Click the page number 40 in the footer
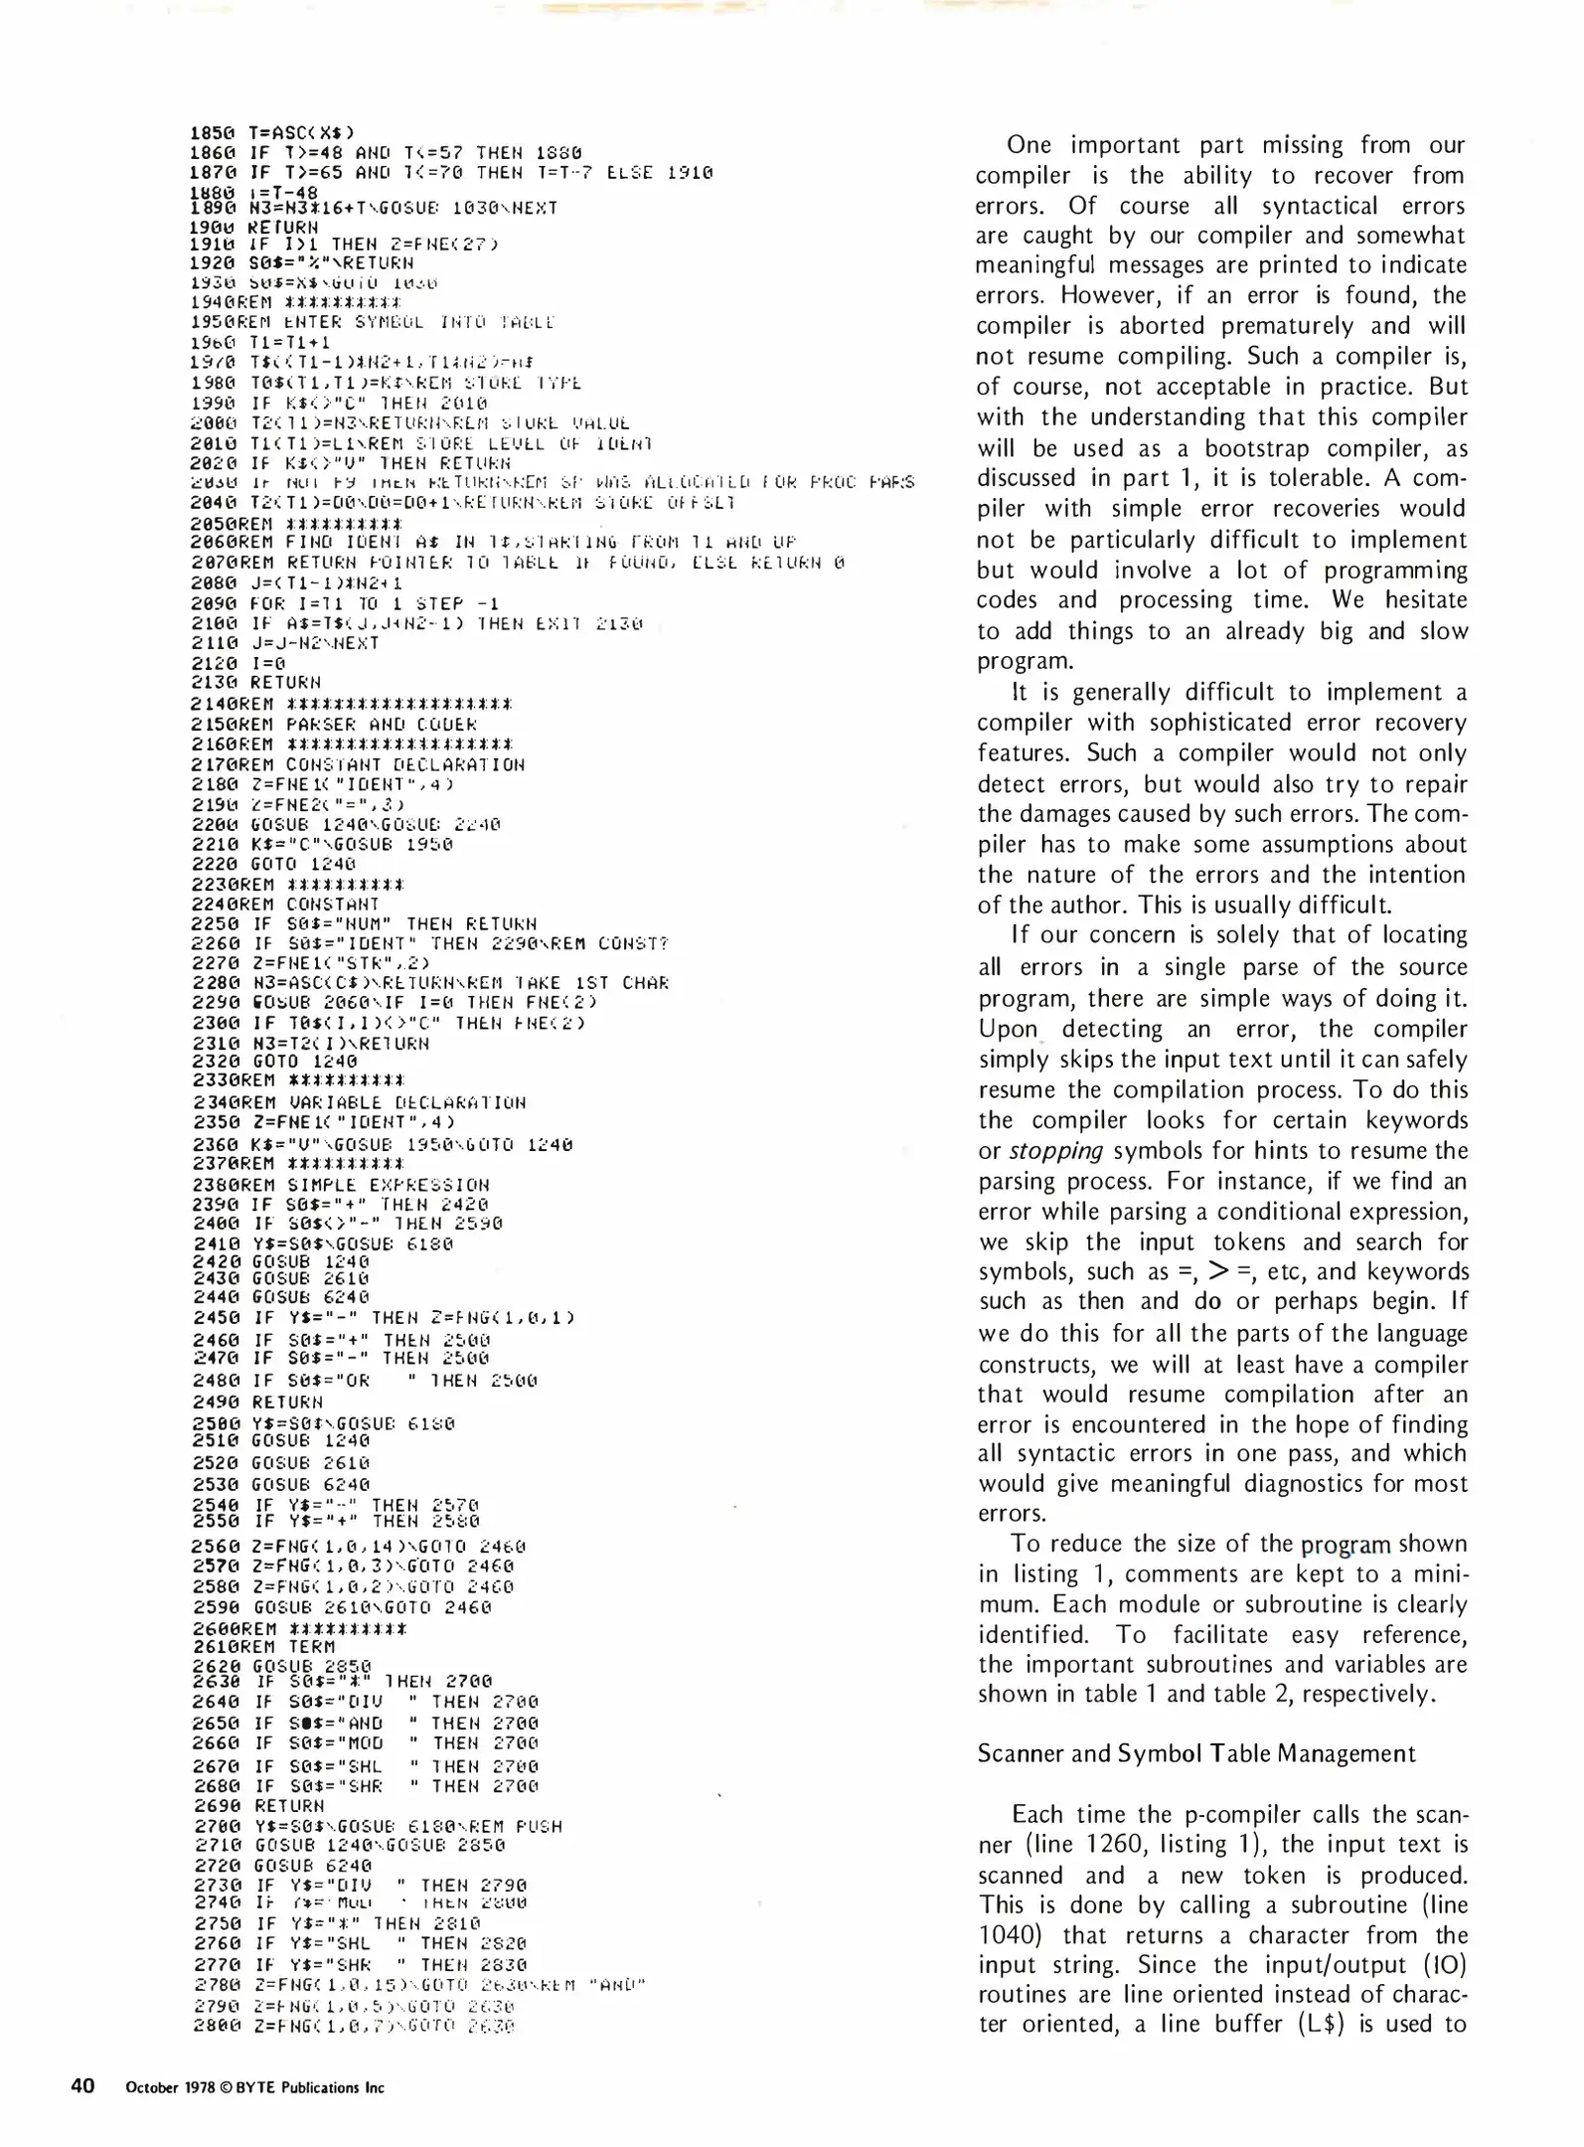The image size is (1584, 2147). tap(82, 2085)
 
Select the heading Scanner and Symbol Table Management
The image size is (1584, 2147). tap(1195, 1753)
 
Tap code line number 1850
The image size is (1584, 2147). tap(212, 132)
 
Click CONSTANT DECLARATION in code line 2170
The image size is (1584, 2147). tap(404, 764)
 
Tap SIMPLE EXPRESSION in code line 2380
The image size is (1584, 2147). tap(388, 1185)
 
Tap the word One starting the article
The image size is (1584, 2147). tap(1029, 145)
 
